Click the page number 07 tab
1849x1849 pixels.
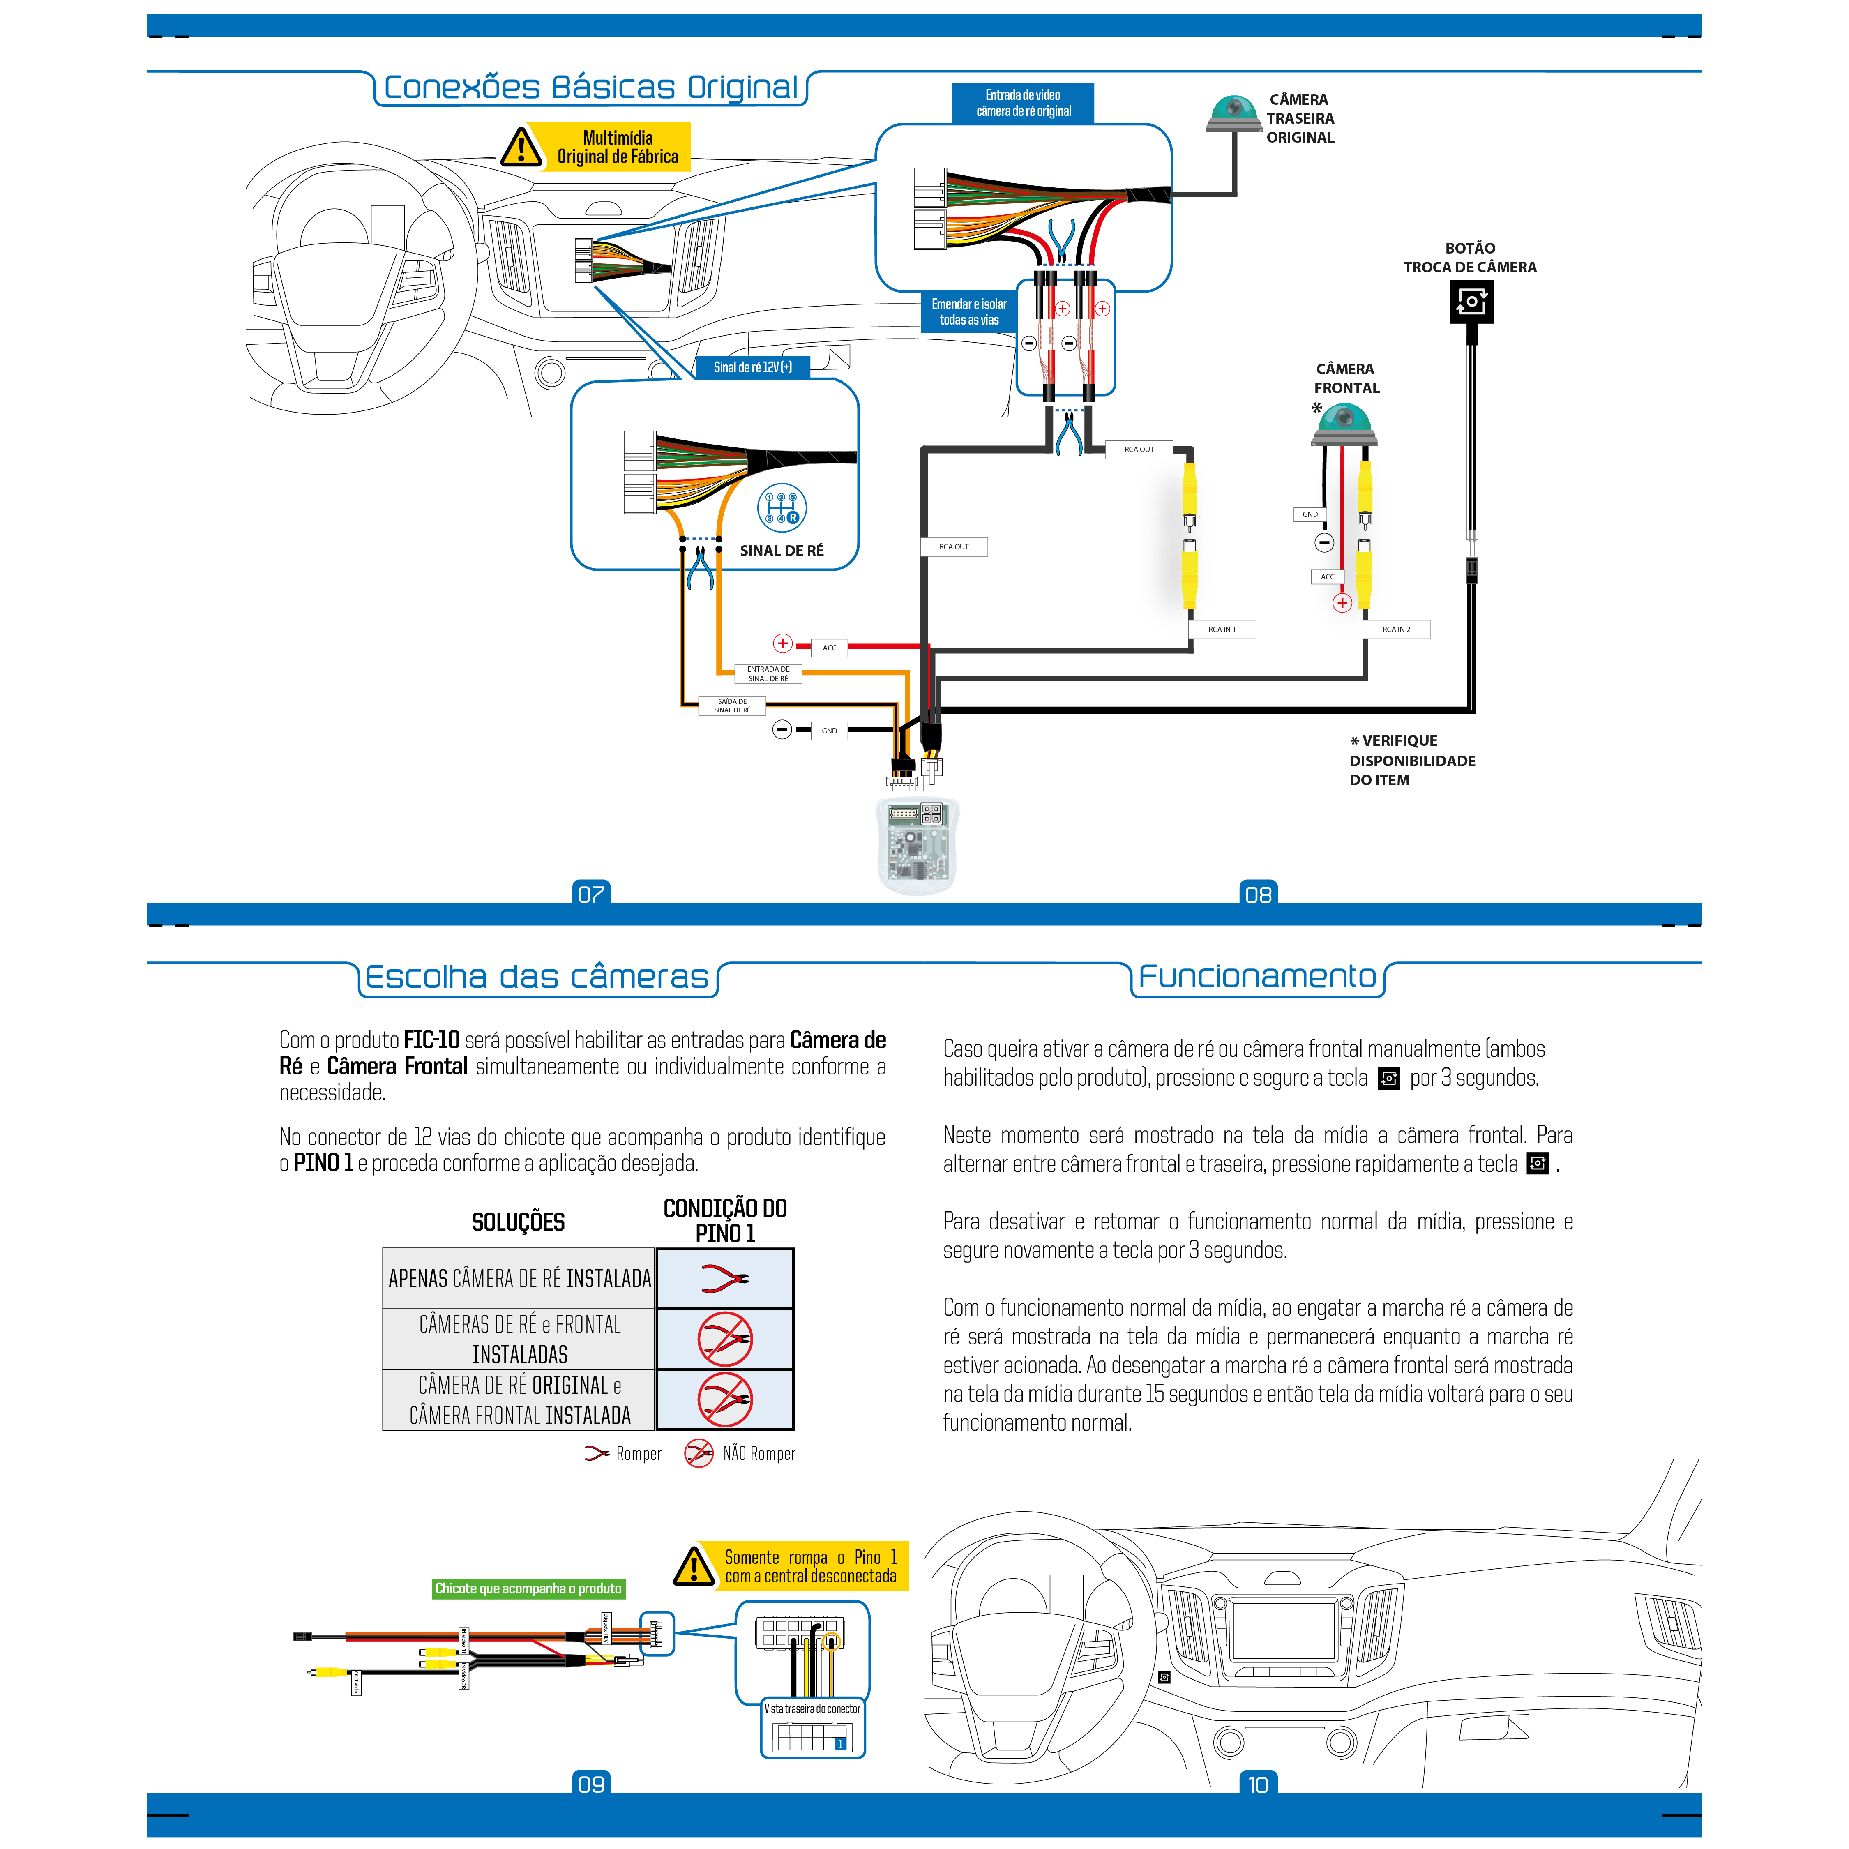point(590,894)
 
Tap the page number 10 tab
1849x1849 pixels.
point(1258,1784)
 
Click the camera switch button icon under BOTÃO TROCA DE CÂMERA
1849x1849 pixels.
point(1471,302)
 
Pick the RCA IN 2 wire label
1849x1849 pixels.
point(1396,629)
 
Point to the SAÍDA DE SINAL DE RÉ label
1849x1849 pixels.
point(732,706)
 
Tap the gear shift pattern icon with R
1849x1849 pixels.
point(782,507)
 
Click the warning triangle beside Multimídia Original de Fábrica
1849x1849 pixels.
point(521,148)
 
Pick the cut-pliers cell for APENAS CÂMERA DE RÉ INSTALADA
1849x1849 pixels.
point(724,1279)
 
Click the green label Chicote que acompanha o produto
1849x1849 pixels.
point(528,1588)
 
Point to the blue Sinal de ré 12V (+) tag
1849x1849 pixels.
point(752,367)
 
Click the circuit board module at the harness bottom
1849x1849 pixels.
point(917,842)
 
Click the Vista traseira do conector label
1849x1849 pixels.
point(812,1708)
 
